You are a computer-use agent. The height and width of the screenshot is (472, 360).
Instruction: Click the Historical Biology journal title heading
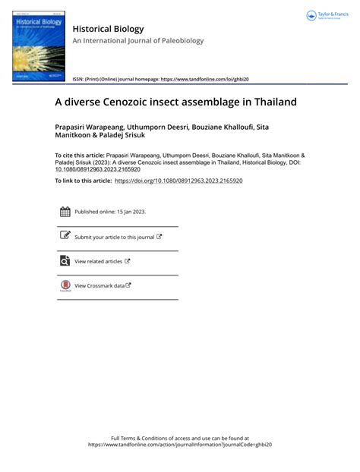click(x=108, y=29)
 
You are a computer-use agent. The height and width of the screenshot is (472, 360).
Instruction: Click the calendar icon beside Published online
click(x=65, y=212)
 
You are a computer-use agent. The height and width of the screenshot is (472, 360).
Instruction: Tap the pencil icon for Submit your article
click(x=65, y=236)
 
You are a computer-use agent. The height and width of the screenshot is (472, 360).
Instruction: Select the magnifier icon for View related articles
click(x=65, y=261)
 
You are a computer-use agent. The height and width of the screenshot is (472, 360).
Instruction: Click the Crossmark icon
click(x=65, y=285)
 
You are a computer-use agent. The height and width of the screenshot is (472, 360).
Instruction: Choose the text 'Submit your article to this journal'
click(x=114, y=237)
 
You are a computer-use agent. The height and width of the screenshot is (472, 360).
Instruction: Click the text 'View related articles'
click(x=98, y=261)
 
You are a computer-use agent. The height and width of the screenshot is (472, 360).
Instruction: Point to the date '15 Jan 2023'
click(x=129, y=212)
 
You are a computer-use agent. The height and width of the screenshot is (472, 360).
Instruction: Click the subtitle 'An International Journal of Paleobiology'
click(x=138, y=41)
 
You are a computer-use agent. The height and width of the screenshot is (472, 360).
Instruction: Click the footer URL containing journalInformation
click(x=180, y=445)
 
